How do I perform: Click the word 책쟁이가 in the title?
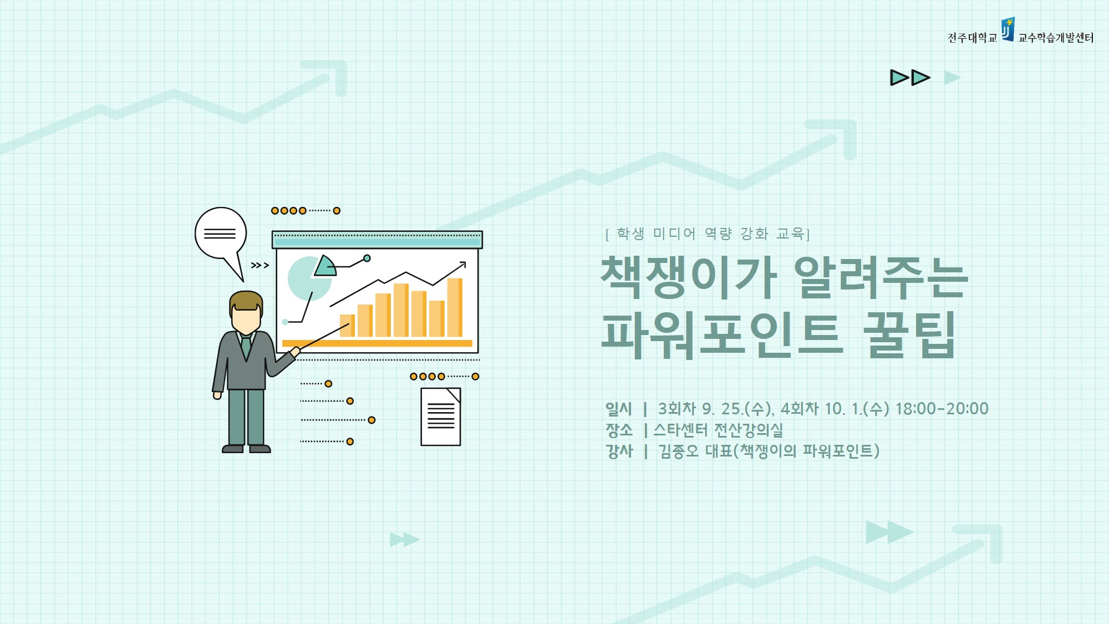pos(689,277)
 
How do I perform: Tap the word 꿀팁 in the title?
pos(910,334)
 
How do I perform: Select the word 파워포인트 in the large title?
pos(722,334)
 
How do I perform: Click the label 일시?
pos(618,409)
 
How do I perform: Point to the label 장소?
pos(619,430)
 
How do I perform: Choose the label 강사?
pos(619,451)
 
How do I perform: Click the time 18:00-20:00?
pos(942,409)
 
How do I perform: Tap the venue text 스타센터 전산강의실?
pos(718,430)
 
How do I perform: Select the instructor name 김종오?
pos(678,451)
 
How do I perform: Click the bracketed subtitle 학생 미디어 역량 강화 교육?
pos(708,234)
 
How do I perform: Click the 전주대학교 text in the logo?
pos(972,38)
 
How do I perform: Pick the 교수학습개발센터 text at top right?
pos(1056,38)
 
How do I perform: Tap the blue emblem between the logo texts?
pos(1008,29)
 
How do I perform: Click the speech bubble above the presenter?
pos(221,233)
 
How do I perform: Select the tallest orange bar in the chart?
pos(455,307)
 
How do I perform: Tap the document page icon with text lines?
pos(441,417)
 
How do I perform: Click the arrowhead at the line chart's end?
pos(463,264)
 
